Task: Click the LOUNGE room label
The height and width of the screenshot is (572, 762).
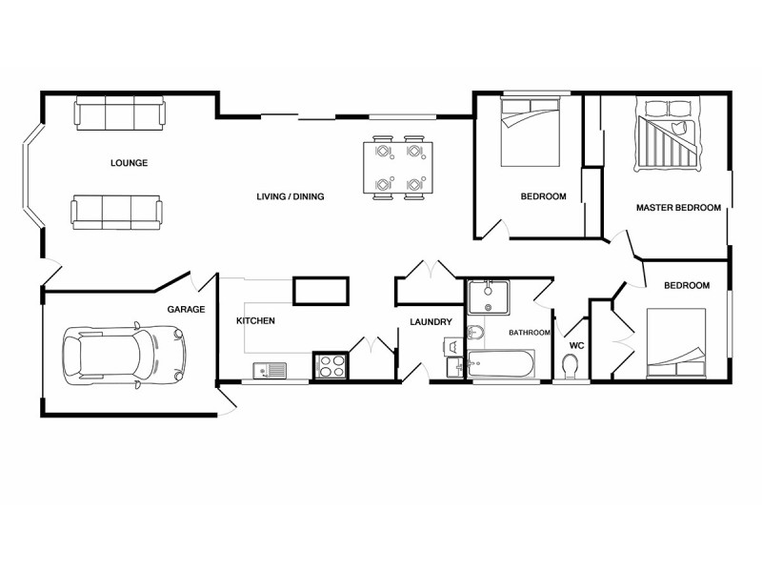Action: tap(129, 163)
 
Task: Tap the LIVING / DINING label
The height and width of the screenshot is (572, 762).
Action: tap(291, 197)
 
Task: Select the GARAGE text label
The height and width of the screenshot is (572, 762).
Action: tap(186, 310)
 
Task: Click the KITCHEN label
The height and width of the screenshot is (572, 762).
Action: tap(255, 321)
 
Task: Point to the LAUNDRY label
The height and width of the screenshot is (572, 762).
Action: tap(431, 322)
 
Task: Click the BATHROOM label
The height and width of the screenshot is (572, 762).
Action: tap(529, 333)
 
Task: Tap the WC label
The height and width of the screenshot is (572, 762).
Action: tap(576, 345)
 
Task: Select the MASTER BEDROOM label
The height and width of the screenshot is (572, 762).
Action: tap(678, 208)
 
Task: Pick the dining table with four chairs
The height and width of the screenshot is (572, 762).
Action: tap(398, 168)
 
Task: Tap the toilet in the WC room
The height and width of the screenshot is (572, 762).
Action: tap(571, 366)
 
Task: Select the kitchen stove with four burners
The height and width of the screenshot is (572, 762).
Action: tap(331, 365)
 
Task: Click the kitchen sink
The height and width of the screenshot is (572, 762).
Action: tap(271, 369)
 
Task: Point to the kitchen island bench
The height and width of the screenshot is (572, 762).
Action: tap(320, 290)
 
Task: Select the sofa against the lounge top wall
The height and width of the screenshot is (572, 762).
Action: tap(119, 114)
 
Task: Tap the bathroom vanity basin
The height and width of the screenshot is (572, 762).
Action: tap(489, 296)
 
